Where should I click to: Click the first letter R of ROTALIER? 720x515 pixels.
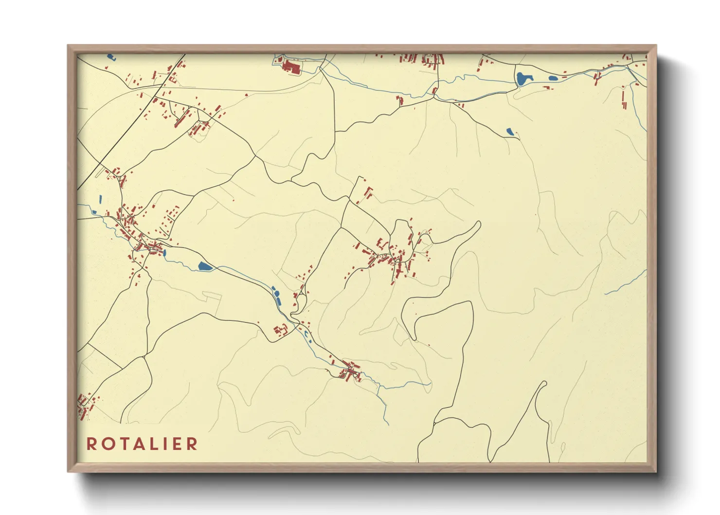91,444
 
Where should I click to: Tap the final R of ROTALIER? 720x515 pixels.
193,444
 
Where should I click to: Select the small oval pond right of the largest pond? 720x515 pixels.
553,78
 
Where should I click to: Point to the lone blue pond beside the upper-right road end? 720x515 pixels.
510,131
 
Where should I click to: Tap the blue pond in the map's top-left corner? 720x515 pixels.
110,57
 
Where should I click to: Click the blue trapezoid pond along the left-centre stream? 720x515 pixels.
205,266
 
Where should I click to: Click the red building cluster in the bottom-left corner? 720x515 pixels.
85,405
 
